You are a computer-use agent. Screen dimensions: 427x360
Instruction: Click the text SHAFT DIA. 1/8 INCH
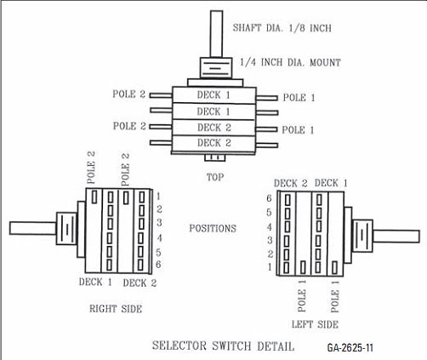282,28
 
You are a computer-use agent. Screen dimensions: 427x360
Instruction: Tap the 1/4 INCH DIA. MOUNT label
290,62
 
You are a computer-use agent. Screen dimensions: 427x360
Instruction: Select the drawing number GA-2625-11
350,347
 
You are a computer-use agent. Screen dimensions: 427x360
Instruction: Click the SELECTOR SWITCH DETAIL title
223,346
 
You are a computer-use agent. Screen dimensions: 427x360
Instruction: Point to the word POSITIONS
213,228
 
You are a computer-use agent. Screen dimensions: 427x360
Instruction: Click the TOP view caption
215,177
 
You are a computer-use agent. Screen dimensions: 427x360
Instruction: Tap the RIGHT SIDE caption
116,309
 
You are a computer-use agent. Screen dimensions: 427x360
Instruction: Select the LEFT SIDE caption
315,324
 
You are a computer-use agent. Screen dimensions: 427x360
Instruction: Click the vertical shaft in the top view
216,34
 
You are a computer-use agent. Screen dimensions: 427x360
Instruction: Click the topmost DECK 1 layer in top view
214,94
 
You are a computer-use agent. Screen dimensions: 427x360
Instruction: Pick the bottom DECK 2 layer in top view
214,143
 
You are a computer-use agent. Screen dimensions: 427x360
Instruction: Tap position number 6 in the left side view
269,198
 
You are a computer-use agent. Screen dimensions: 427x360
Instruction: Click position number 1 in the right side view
158,196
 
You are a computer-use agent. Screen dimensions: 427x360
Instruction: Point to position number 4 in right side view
159,237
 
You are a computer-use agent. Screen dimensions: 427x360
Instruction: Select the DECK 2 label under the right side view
139,283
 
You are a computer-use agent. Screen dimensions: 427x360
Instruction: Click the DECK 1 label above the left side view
331,183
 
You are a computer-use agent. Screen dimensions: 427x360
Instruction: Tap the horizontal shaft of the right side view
33,228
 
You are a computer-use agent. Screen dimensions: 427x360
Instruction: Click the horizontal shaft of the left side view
396,237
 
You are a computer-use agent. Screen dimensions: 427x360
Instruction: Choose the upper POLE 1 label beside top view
299,98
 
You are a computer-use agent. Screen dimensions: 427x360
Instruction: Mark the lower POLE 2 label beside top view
129,126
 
